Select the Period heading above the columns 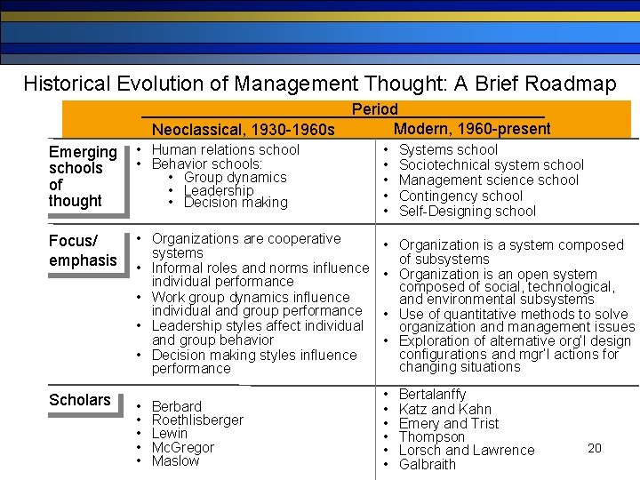click(x=375, y=109)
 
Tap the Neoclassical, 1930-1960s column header click(x=243, y=131)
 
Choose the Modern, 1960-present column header click(x=472, y=129)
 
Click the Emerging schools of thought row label click(x=83, y=176)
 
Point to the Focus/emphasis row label click(x=83, y=251)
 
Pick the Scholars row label click(x=80, y=400)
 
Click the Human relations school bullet click(x=226, y=150)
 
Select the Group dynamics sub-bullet click(x=235, y=177)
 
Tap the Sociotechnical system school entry click(x=492, y=165)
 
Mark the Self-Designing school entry click(x=468, y=212)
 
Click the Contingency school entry click(x=460, y=196)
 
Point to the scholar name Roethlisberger click(x=197, y=420)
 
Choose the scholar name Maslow click(x=176, y=461)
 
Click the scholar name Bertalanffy click(x=433, y=394)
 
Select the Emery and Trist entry click(x=449, y=423)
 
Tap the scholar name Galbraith click(x=428, y=465)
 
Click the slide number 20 click(x=595, y=448)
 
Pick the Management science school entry click(x=489, y=180)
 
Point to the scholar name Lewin click(x=170, y=434)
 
